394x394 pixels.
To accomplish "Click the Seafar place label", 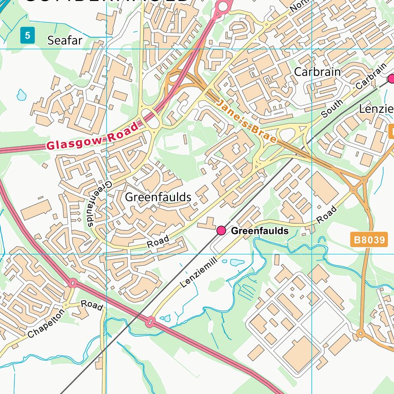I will pos(65,41).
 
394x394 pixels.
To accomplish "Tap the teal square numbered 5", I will pos(28,36).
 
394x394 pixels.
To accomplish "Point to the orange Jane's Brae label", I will pos(246,122).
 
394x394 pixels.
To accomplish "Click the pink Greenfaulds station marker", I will pos(221,231).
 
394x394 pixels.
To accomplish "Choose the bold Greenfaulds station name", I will pos(260,231).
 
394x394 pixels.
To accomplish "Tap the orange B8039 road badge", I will pos(369,240).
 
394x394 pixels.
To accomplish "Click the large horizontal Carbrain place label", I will pos(317,72).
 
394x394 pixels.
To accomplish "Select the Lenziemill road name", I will pos(199,272).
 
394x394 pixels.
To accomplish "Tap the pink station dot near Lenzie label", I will pos(391,78).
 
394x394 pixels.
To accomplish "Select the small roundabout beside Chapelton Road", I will pos(73,283).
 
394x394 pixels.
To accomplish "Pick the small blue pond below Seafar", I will pos(21,94).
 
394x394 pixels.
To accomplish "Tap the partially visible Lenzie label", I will pos(376,109).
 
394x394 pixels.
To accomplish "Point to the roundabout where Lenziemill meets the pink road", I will pos(150,322).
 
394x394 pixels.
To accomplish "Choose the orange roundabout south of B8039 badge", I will pos(360,334).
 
